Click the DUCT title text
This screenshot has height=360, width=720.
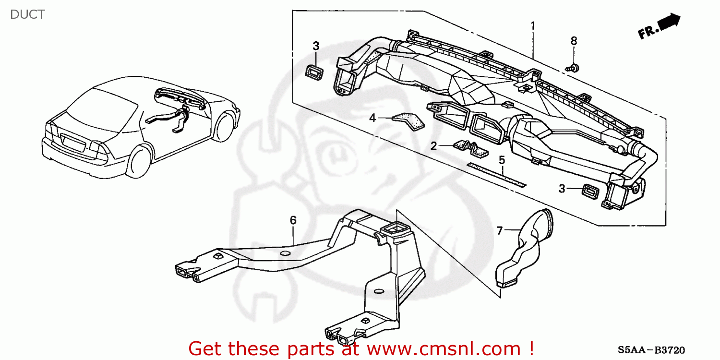pyautogui.click(x=27, y=14)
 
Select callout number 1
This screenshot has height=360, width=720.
pyautogui.click(x=532, y=25)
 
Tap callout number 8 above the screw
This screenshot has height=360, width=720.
pyautogui.click(x=574, y=41)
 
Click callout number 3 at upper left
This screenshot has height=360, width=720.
pyautogui.click(x=316, y=46)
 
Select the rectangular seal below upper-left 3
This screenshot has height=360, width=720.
pyautogui.click(x=314, y=72)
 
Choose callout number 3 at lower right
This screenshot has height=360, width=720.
pyautogui.click(x=562, y=189)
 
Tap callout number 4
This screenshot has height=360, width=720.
pyautogui.click(x=372, y=117)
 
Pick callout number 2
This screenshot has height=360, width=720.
pyautogui.click(x=433, y=146)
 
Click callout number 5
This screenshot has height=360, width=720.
pyautogui.click(x=502, y=160)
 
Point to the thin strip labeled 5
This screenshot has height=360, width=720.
pyautogui.click(x=496, y=174)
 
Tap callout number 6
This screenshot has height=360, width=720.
pyautogui.click(x=293, y=220)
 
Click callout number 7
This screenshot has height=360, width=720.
pyautogui.click(x=499, y=231)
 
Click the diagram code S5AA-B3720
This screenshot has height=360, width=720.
pyautogui.click(x=651, y=350)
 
